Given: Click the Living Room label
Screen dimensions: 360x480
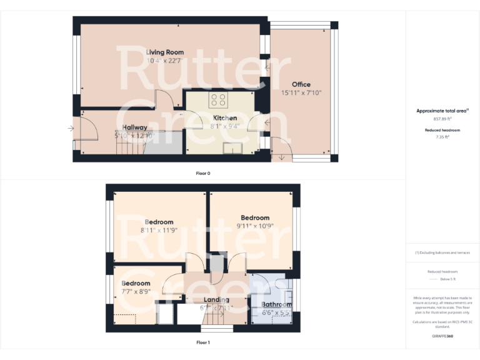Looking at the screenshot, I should pyautogui.click(x=165, y=52).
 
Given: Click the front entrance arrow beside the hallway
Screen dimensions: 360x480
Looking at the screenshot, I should pyautogui.click(x=71, y=129).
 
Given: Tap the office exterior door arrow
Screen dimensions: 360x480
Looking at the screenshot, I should pyautogui.click(x=282, y=157).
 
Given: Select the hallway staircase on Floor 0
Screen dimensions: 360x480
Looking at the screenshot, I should pyautogui.click(x=129, y=148).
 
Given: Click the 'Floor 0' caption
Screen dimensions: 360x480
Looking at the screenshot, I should pyautogui.click(x=203, y=173).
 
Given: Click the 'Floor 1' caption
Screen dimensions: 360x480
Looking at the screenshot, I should pyautogui.click(x=203, y=342).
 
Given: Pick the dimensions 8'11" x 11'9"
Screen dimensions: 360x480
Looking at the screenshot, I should pyautogui.click(x=159, y=230).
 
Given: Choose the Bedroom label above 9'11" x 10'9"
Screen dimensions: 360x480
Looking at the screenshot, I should pyautogui.click(x=255, y=217).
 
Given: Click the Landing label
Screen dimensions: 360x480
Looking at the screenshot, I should pyautogui.click(x=216, y=300).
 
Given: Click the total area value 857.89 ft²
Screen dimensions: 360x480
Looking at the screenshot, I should pyautogui.click(x=442, y=119).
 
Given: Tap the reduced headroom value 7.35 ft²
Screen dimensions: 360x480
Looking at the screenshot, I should pyautogui.click(x=442, y=136).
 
